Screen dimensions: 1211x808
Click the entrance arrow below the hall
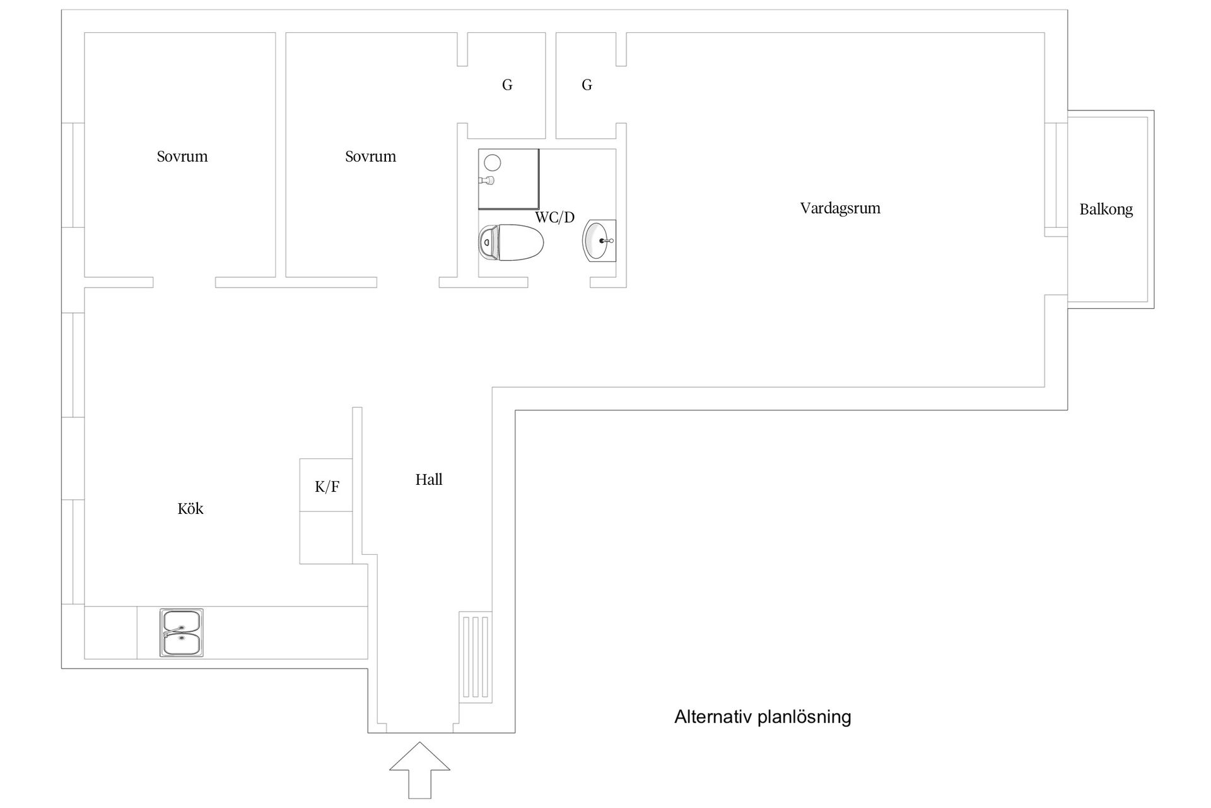point(419,770)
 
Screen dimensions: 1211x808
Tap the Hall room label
point(429,480)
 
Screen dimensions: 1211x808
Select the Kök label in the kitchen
point(190,509)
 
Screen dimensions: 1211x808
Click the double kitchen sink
point(182,633)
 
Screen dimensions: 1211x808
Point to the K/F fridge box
point(326,485)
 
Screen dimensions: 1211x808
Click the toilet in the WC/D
point(512,242)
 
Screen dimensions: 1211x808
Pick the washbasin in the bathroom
point(599,241)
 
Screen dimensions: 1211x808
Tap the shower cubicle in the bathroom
point(509,179)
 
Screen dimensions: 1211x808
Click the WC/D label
point(555,218)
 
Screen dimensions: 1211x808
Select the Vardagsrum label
point(840,208)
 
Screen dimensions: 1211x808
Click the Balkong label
point(1106,210)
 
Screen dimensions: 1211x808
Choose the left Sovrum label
point(182,157)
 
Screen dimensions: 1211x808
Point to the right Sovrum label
point(371,157)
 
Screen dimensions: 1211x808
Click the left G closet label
point(507,85)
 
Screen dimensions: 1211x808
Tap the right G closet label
point(587,85)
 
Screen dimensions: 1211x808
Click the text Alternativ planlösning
point(763,717)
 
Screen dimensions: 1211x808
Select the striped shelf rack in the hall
point(476,656)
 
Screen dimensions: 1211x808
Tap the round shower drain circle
point(493,163)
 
